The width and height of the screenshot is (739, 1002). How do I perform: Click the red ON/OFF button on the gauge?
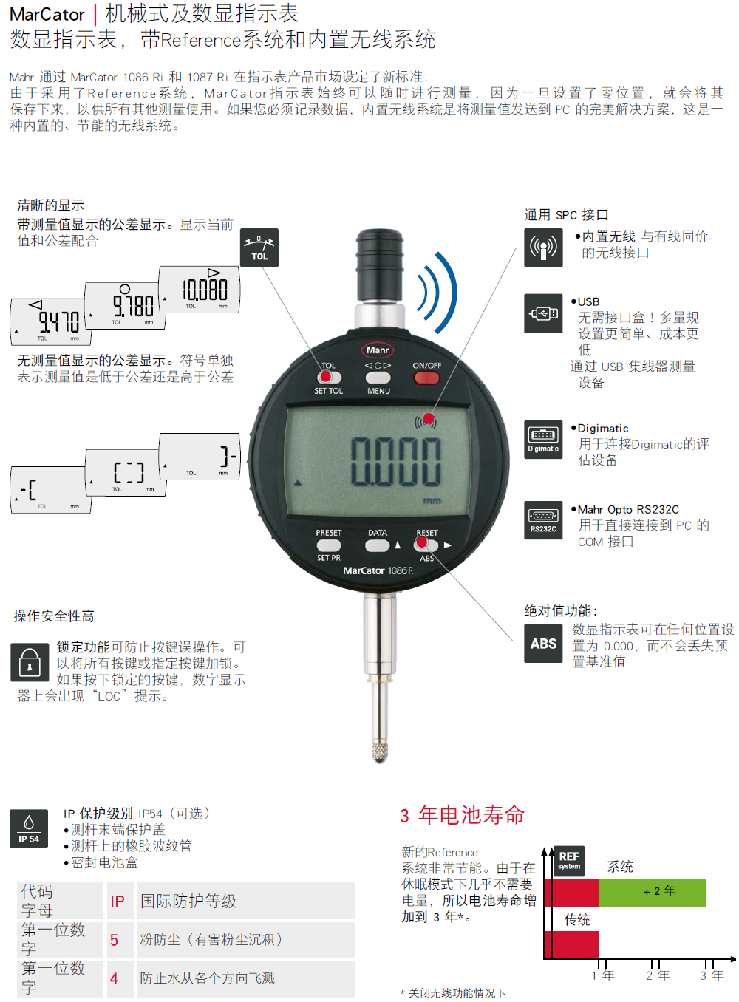point(426,378)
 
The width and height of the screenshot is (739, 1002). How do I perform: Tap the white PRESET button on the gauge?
point(329,545)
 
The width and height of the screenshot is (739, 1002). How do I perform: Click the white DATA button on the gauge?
point(377,545)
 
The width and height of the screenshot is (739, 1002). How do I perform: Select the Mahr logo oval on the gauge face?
point(378,350)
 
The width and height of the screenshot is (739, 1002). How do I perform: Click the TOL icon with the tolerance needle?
point(259,248)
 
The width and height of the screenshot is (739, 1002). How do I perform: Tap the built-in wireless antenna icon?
point(543,248)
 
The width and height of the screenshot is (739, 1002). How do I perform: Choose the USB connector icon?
point(543,313)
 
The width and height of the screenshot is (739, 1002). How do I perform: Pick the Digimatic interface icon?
point(543,440)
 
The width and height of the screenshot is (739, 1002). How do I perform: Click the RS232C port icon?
point(543,520)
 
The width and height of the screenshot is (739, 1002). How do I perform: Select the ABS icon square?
point(543,644)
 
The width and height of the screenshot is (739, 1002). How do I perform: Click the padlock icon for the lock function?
point(30,662)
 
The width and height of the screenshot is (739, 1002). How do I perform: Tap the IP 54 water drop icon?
point(29,828)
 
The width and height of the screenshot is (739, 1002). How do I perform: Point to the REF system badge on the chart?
point(569,860)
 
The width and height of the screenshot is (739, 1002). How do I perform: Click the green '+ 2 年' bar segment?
point(653,893)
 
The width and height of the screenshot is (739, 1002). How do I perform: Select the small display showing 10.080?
point(200,290)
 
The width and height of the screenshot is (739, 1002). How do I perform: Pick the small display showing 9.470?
point(50,322)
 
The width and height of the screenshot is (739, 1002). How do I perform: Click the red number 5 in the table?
point(114,940)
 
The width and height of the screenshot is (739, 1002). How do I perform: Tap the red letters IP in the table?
point(118,902)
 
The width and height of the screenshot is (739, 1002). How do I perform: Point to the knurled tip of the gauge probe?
point(380,752)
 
